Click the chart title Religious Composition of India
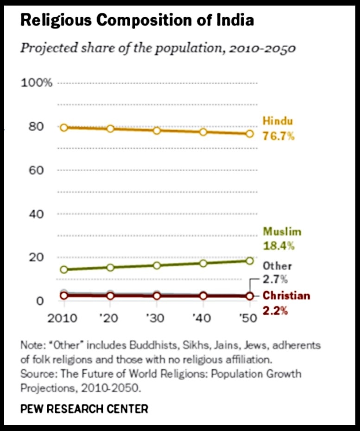click(137, 21)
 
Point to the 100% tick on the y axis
click(37, 83)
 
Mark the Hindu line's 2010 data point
click(64, 127)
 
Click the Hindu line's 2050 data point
click(249, 133)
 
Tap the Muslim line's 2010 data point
click(64, 269)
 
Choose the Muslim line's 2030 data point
click(157, 265)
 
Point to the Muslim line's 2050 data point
click(249, 261)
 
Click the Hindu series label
click(278, 121)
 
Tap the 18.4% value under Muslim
click(279, 246)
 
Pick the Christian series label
click(286, 296)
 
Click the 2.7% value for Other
click(276, 280)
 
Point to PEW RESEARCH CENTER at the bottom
click(84, 409)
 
